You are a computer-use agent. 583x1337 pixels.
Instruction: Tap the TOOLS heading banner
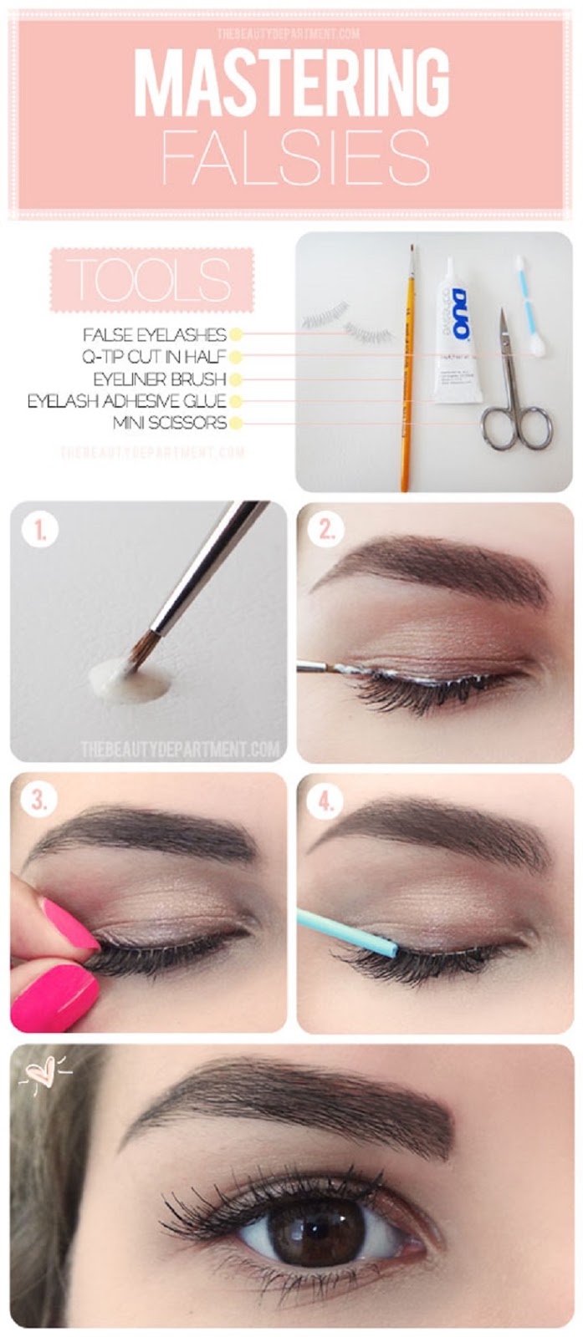tap(151, 280)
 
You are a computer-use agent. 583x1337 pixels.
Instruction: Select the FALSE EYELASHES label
tap(155, 334)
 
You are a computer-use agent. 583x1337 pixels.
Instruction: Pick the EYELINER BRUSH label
tap(160, 379)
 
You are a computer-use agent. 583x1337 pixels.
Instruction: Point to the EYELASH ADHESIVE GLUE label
tap(127, 400)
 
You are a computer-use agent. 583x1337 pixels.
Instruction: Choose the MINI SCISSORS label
tap(170, 423)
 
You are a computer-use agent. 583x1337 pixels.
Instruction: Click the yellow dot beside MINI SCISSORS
tap(236, 423)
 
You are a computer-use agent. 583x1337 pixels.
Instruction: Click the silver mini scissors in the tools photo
tap(514, 393)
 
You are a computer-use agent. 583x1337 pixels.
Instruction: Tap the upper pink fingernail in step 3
tap(69, 922)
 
